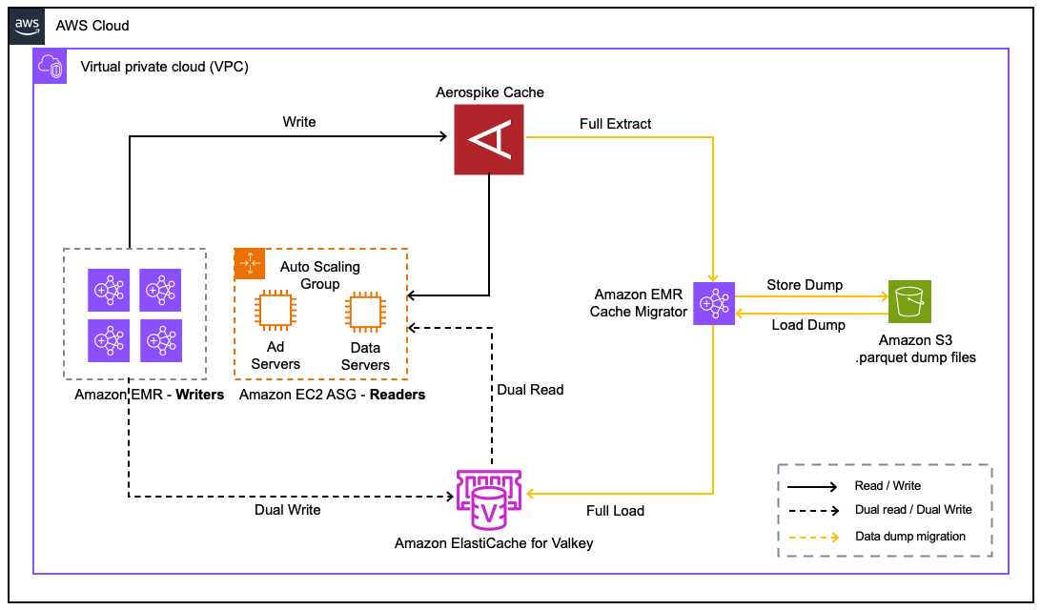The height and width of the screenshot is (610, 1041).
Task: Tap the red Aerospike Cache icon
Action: pyautogui.click(x=488, y=140)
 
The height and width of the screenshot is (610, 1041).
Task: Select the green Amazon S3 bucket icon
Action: pyautogui.click(x=908, y=301)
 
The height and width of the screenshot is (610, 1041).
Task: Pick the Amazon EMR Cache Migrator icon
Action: pyautogui.click(x=713, y=303)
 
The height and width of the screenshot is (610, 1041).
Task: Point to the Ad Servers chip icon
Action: pyautogui.click(x=275, y=311)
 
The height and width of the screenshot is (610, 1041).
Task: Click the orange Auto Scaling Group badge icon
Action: pyautogui.click(x=250, y=262)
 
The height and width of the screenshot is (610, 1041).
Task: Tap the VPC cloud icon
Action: pyautogui.click(x=49, y=67)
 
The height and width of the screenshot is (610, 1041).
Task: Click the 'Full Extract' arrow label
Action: pyautogui.click(x=615, y=124)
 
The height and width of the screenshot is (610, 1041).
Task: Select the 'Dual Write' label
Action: pyautogui.click(x=288, y=510)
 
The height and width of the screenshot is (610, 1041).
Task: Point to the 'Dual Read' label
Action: pyautogui.click(x=530, y=389)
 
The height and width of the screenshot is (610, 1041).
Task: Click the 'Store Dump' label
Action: pyautogui.click(x=806, y=285)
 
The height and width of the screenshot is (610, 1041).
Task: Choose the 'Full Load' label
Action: pyautogui.click(x=615, y=511)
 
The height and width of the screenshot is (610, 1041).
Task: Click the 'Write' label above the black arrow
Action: pyautogui.click(x=299, y=122)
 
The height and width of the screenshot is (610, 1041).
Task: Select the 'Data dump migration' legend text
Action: pyautogui.click(x=910, y=537)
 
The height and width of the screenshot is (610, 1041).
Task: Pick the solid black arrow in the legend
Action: pyautogui.click(x=816, y=486)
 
